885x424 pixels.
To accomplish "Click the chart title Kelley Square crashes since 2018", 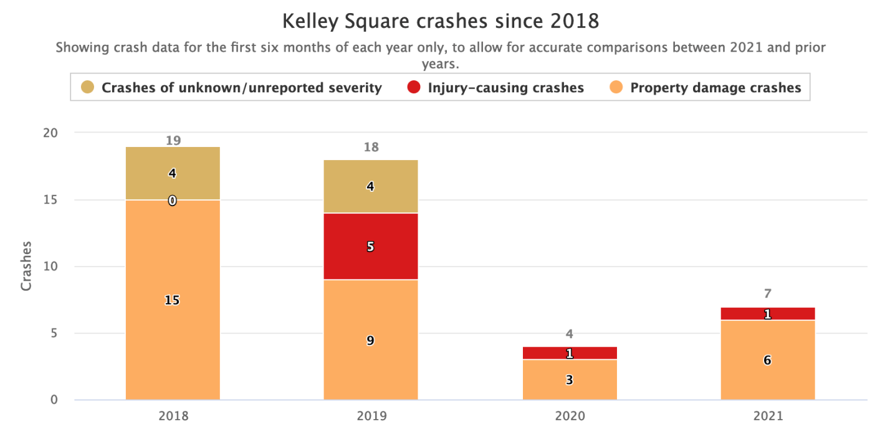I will coord(441,21).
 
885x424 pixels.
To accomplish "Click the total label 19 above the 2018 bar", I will coord(173,141).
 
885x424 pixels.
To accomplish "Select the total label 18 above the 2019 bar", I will coord(370,148).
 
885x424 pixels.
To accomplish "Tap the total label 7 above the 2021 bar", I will coord(767,294).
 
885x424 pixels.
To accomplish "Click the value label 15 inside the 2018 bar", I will coord(172,300).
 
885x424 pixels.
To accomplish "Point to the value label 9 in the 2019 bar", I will coord(370,341).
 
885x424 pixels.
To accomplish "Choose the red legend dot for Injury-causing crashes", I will coord(413,88).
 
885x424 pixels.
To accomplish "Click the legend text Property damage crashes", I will coord(715,88).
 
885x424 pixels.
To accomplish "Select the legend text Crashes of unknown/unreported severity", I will coord(241,88).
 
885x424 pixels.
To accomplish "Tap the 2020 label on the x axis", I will coord(569,415).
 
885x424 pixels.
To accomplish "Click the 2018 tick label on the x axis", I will coord(173,415).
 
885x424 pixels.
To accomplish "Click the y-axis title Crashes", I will coord(26,266).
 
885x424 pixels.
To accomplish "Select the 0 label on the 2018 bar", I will coord(172,200).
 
